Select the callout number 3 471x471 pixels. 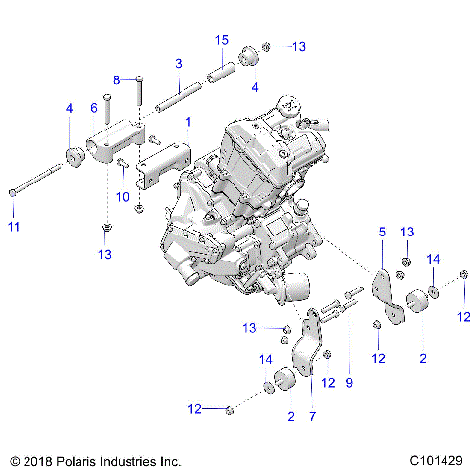pos(178,63)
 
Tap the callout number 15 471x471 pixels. pos(222,40)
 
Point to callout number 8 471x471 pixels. pos(116,78)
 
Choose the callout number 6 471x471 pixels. pos(94,108)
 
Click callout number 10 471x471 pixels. pos(124,197)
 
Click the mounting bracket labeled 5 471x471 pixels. pos(390,294)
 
